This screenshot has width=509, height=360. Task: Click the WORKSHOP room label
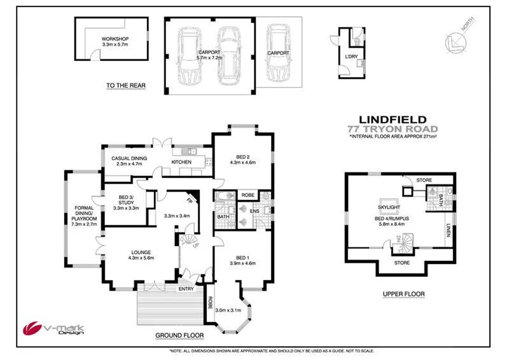[115, 39]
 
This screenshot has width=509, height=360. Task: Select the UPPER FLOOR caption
[403, 294]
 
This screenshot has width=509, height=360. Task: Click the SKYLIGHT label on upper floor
[389, 207]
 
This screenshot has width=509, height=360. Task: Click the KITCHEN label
[181, 162]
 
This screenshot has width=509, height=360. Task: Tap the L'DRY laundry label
[351, 57]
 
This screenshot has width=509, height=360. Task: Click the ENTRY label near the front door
[186, 289]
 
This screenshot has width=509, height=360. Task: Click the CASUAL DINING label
[129, 158]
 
